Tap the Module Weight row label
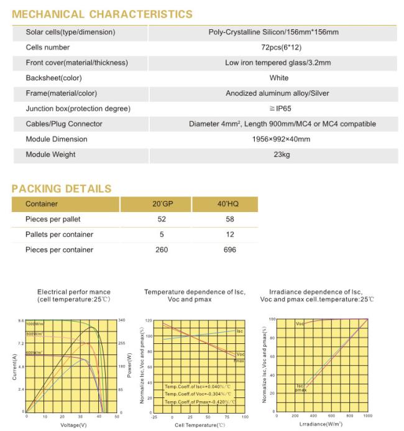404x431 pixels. (50, 154)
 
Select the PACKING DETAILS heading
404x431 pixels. (62, 188)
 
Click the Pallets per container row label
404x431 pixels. (59, 234)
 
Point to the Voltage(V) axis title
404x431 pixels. (73, 425)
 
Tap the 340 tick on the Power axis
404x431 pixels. (122, 320)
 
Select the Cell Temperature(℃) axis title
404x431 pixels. (200, 425)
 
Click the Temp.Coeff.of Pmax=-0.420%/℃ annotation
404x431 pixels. (197, 401)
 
